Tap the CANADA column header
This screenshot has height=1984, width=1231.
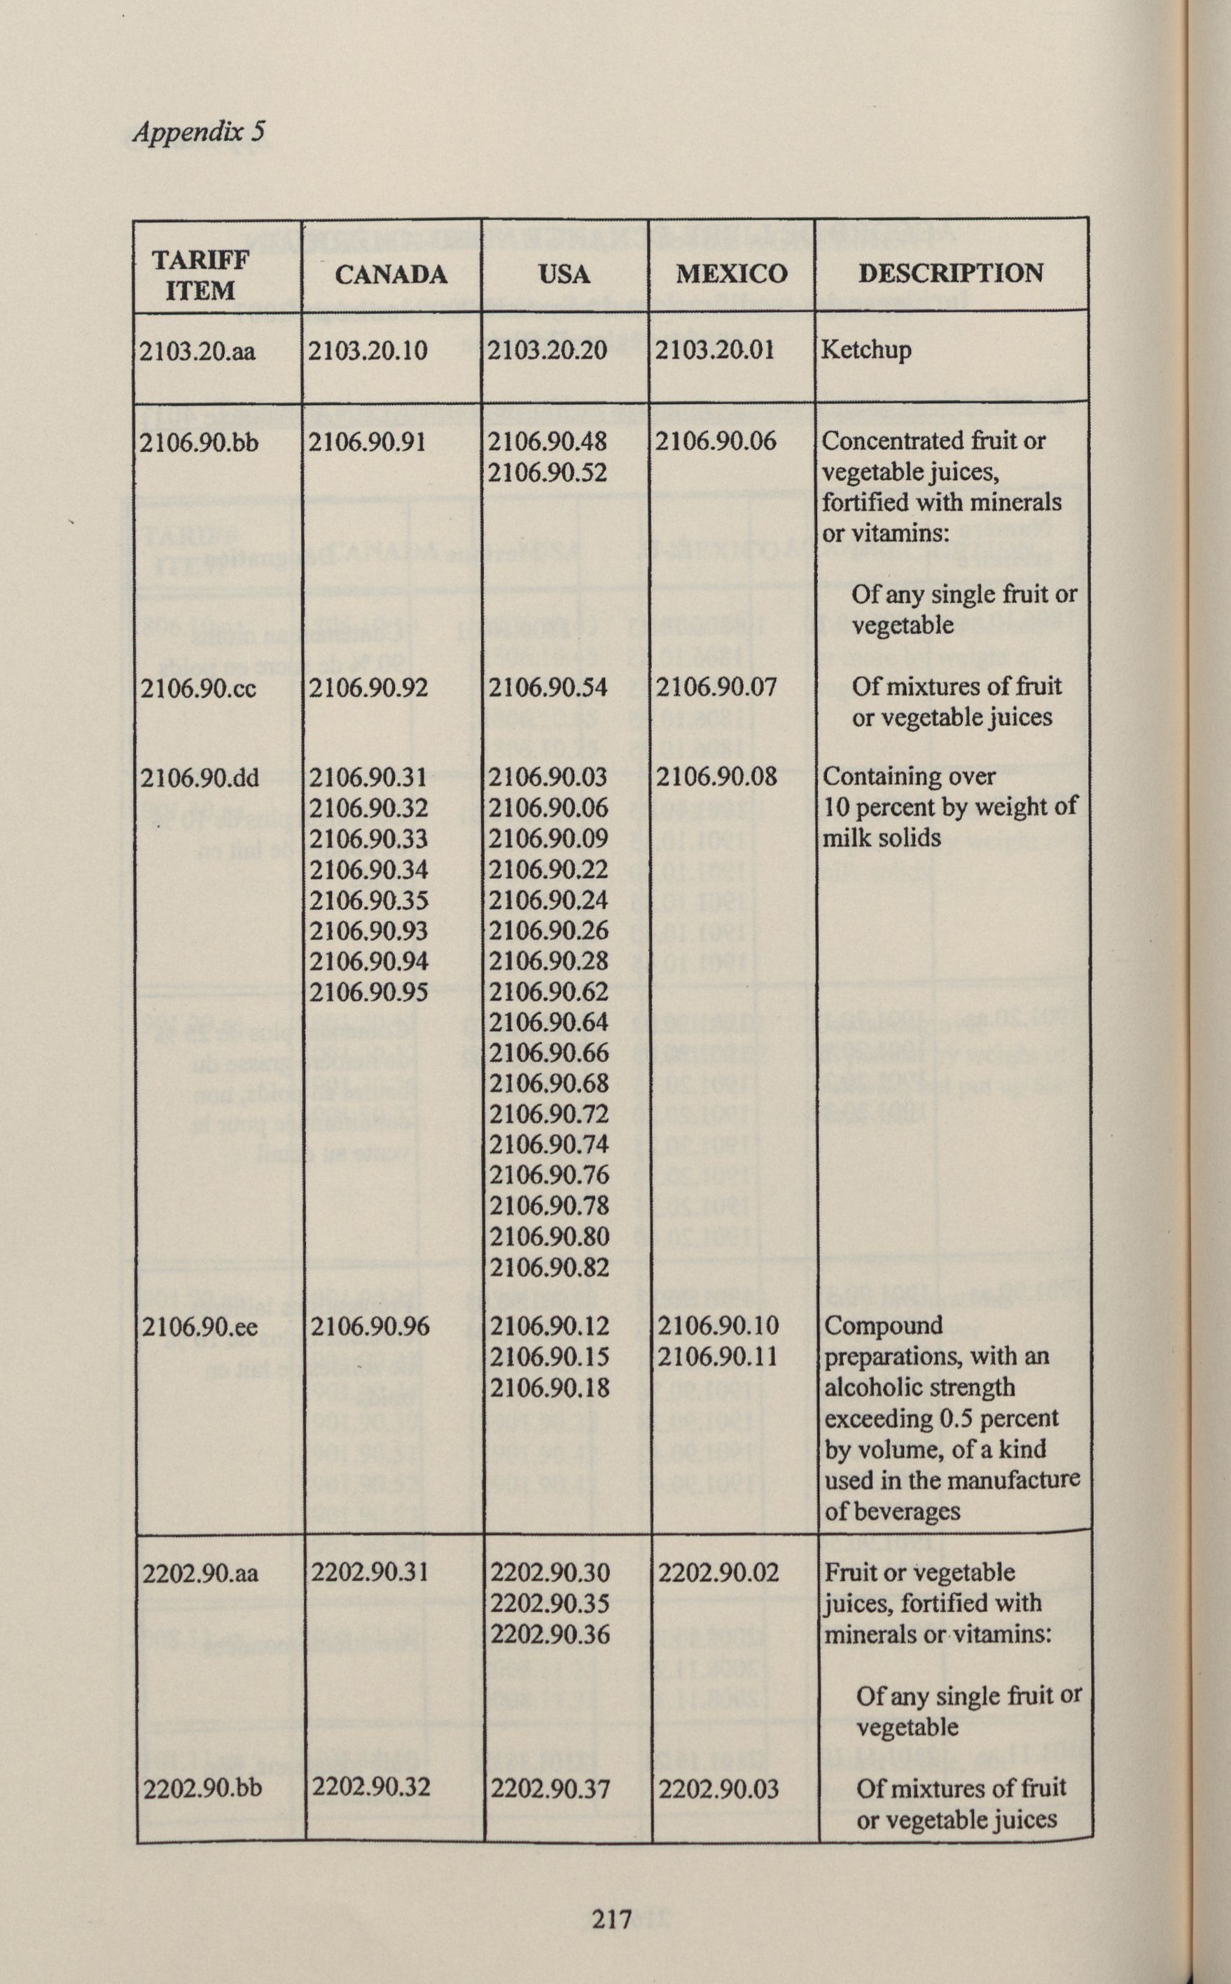pos(391,275)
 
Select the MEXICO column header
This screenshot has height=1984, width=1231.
pos(731,274)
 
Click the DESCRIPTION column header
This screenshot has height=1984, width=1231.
pos(950,273)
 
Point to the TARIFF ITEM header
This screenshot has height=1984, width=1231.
pos(200,275)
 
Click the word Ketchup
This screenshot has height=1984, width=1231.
pos(865,351)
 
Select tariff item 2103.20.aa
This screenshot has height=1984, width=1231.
pos(198,352)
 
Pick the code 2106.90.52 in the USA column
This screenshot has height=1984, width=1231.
pos(548,472)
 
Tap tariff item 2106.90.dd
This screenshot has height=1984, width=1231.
pos(200,778)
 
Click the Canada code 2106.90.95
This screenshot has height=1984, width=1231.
pos(369,992)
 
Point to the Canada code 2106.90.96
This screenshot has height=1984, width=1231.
pos(369,1327)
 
